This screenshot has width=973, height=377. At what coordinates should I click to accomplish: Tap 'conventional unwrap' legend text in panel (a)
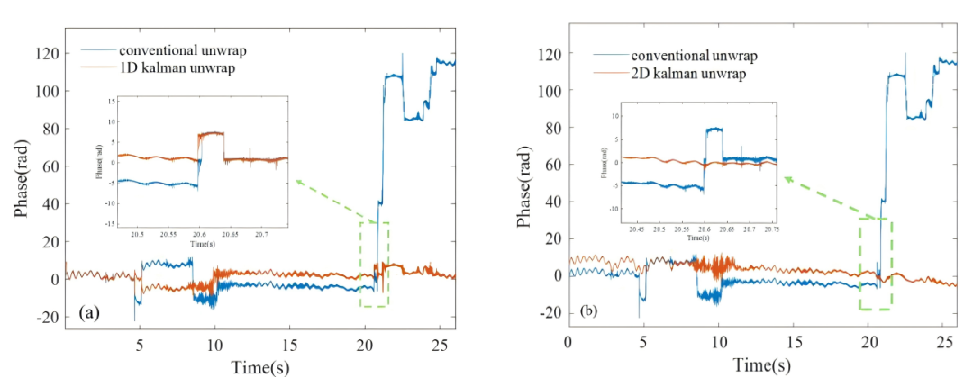[x=175, y=50]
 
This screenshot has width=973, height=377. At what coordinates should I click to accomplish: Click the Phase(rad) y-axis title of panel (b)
[x=523, y=185]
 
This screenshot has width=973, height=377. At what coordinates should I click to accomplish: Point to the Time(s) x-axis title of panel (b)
[x=763, y=365]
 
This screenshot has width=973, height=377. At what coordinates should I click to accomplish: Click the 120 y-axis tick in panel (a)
[x=49, y=54]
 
